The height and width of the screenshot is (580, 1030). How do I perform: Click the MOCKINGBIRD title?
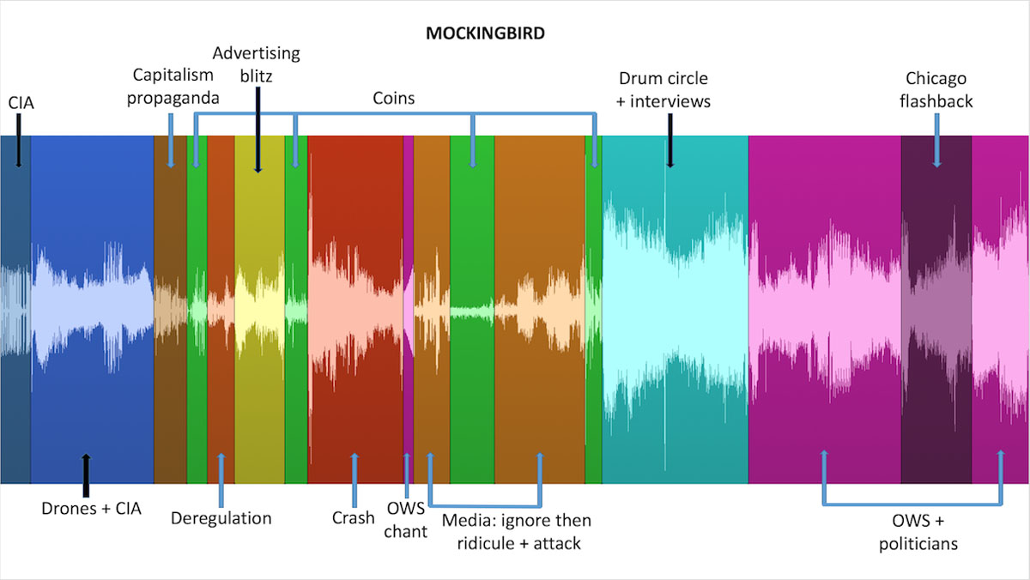(485, 33)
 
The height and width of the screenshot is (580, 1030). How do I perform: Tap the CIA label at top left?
(21, 102)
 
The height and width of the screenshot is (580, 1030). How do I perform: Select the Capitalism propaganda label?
(173, 87)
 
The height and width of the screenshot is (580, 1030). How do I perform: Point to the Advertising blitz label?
(256, 64)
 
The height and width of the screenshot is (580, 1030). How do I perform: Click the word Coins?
(394, 98)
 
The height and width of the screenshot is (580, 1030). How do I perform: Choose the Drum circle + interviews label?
(663, 89)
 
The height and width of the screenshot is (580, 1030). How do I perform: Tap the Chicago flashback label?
(936, 89)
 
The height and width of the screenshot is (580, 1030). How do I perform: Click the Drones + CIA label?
(91, 508)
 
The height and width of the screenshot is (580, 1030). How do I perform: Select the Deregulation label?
(221, 518)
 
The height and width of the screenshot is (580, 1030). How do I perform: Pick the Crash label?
(353, 518)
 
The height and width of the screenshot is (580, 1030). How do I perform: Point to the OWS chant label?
(405, 520)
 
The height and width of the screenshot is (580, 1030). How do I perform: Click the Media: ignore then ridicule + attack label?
(517, 532)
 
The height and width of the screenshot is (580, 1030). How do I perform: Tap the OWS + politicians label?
(918, 532)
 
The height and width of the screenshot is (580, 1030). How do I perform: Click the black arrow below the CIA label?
(19, 141)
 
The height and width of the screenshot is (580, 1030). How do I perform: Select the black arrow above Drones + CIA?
(86, 475)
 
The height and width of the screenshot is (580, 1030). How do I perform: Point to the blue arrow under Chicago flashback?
(936, 141)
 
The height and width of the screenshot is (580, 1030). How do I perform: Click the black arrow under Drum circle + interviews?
(670, 141)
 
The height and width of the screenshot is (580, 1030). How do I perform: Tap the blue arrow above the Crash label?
(354, 480)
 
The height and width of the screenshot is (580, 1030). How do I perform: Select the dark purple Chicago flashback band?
(936, 309)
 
